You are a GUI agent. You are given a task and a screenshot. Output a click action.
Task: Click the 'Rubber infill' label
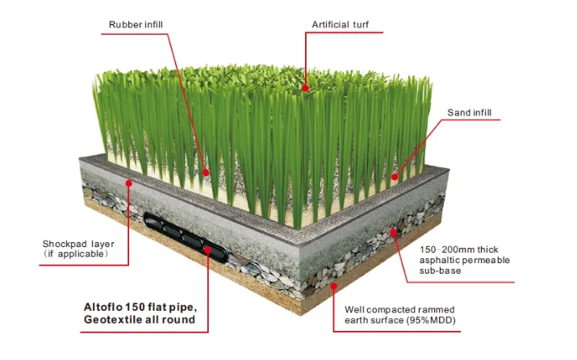[x=136, y=24]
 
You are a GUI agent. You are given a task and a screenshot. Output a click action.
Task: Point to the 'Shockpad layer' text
[x=74, y=244]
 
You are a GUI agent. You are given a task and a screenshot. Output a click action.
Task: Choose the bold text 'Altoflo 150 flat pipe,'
[x=140, y=307]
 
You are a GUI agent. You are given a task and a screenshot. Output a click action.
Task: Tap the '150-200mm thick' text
[x=458, y=249]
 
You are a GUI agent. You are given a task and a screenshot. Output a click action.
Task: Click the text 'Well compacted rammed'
[x=399, y=309]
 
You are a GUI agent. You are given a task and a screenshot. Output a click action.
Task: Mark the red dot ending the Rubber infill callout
[x=206, y=173]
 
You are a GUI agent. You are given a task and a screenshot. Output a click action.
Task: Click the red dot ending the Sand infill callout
[x=395, y=176]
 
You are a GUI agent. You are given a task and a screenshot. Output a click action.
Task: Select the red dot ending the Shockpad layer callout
[x=128, y=182]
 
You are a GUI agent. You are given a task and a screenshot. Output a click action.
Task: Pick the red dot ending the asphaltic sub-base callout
[x=393, y=232]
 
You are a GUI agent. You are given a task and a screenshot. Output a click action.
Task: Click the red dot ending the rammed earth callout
[x=333, y=285]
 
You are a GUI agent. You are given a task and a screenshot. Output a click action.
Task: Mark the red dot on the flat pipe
[x=208, y=251]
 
